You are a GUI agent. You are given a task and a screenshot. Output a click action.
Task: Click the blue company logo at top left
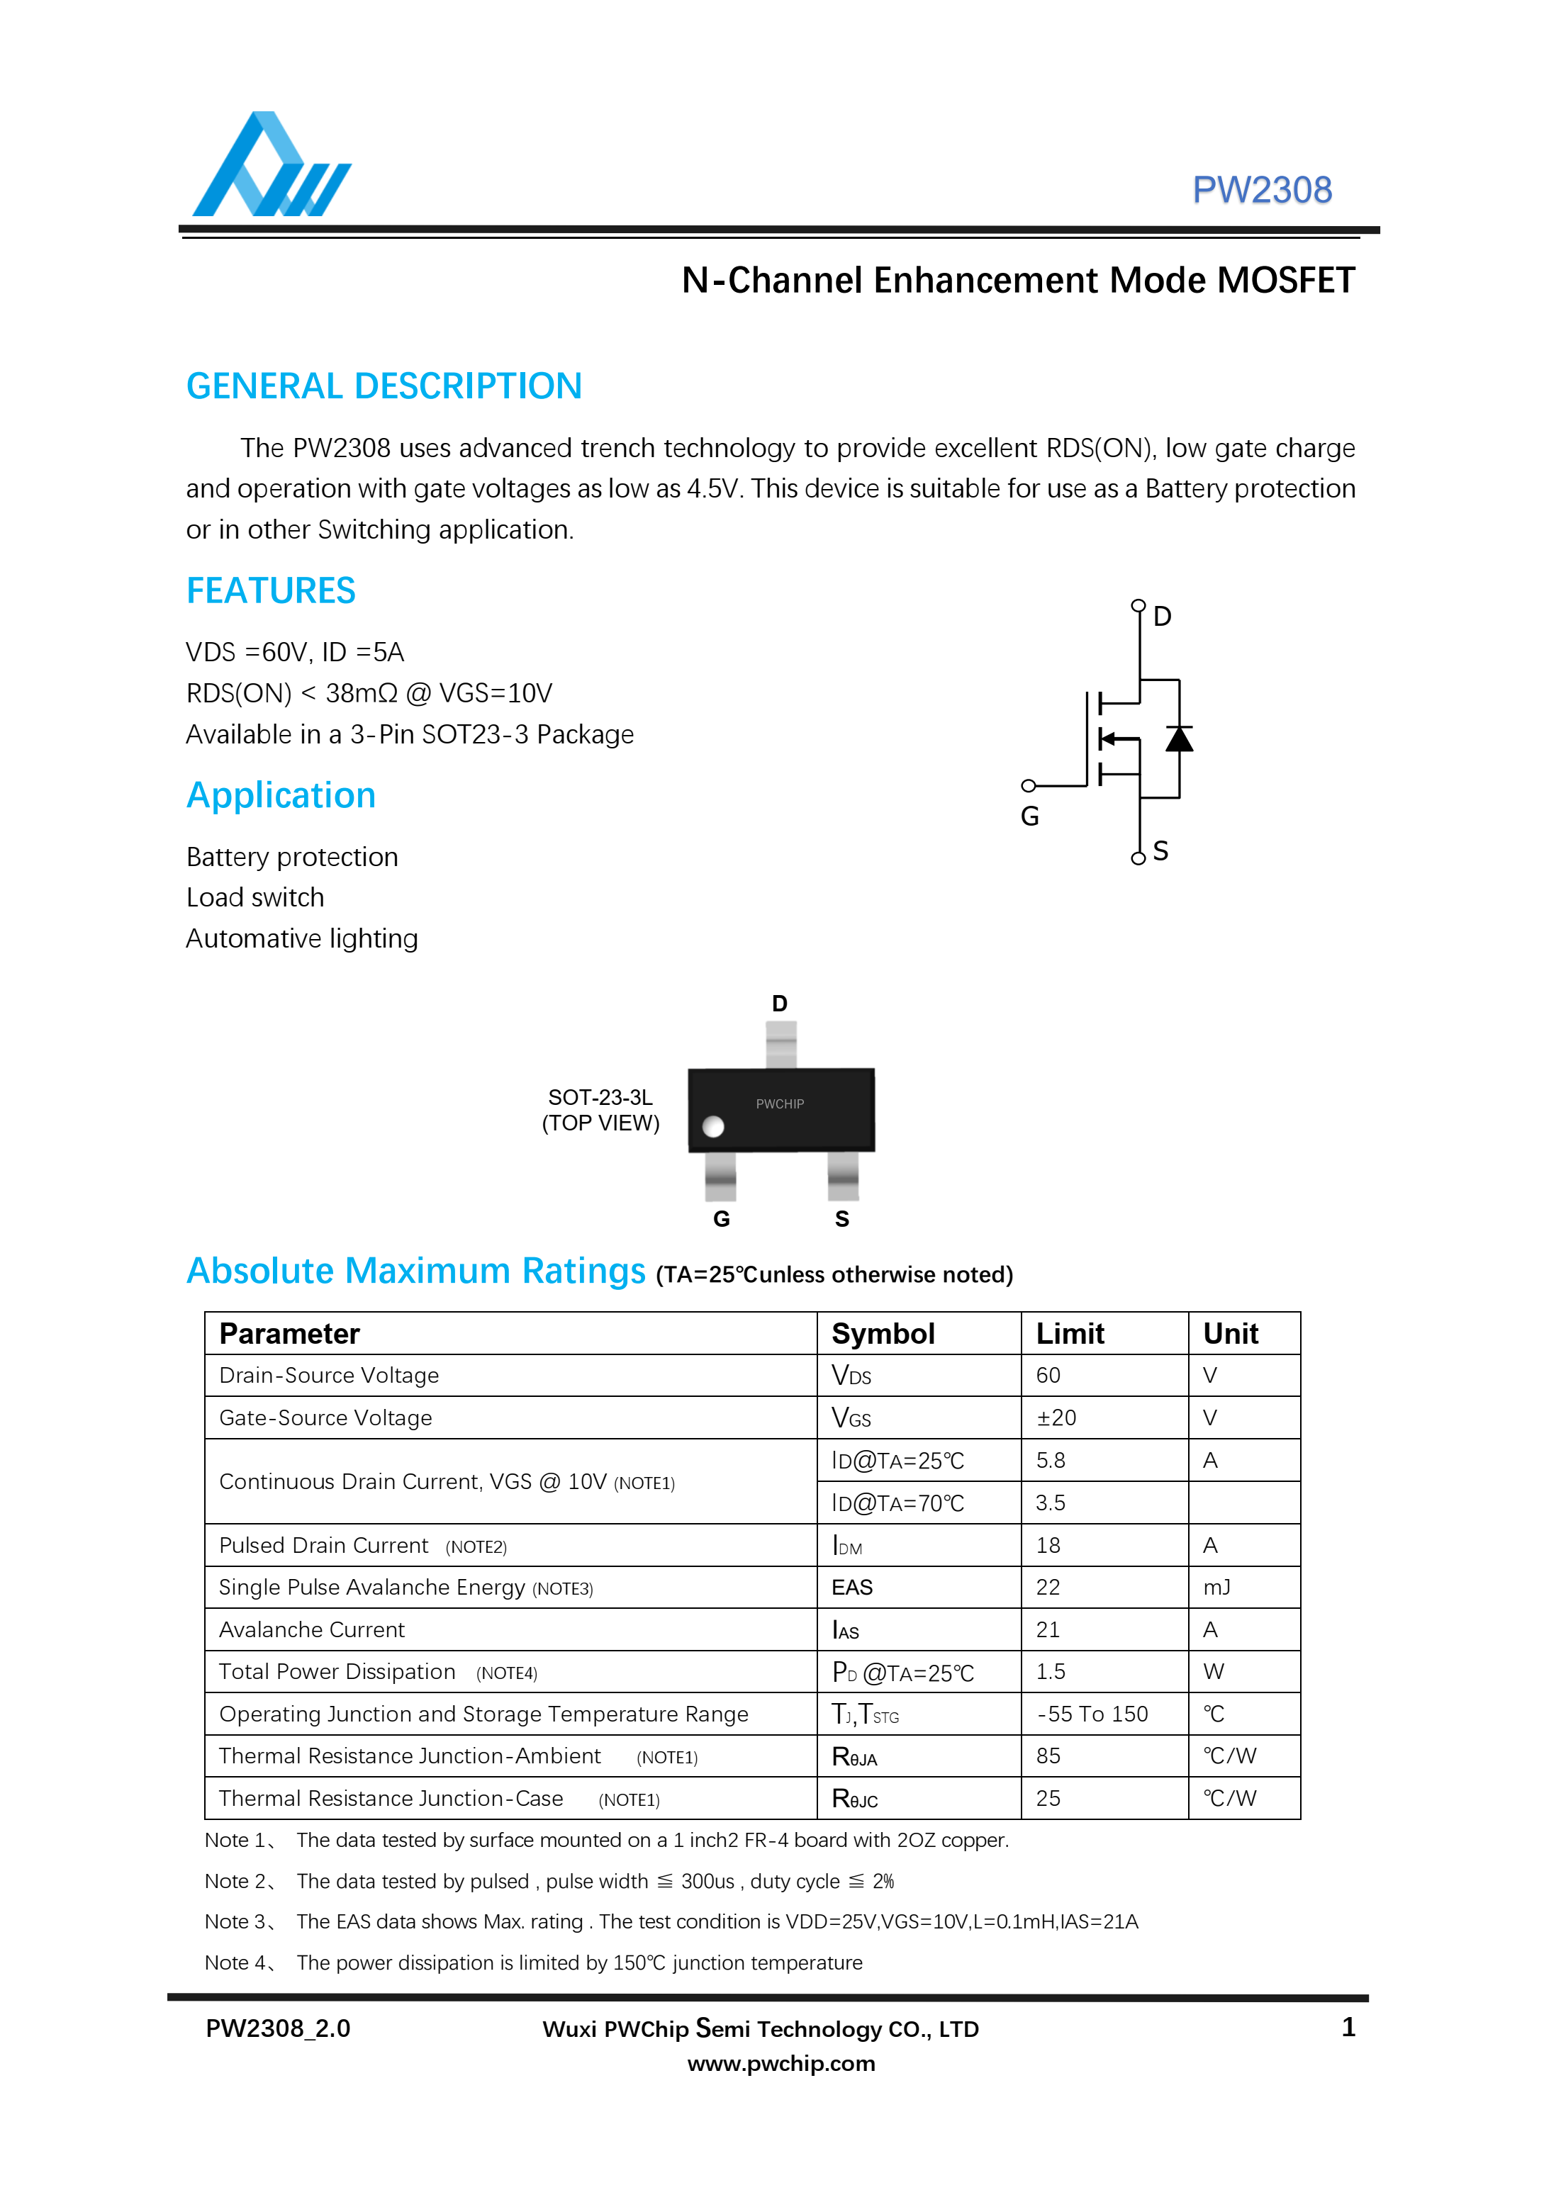click(271, 165)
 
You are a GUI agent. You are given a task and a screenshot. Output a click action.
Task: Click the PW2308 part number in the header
click(1261, 191)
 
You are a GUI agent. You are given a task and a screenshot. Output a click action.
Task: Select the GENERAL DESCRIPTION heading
click(384, 386)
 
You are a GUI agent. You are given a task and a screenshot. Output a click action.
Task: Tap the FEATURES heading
click(270, 590)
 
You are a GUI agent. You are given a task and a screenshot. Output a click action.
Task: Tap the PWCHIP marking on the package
click(780, 1103)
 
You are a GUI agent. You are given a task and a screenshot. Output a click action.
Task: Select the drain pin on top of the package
click(780, 1044)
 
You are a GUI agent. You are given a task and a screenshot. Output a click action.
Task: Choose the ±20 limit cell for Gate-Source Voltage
click(1056, 1418)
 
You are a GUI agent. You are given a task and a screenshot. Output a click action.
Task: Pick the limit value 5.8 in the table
click(1051, 1460)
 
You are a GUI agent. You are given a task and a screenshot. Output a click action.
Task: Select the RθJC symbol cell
click(854, 1799)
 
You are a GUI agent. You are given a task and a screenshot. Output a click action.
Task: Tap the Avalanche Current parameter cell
click(313, 1629)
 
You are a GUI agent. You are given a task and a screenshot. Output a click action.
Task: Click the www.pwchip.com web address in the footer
click(780, 2063)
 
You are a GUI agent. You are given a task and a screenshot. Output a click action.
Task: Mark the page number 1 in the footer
click(1348, 2027)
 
